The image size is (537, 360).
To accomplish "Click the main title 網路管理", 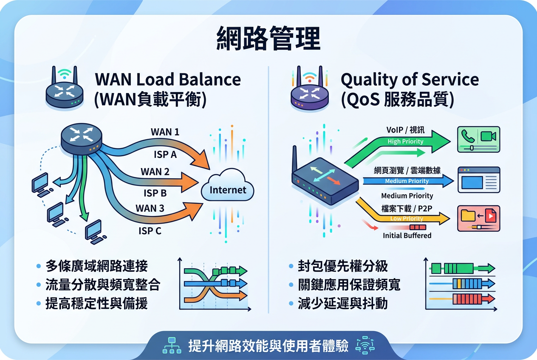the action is pos(268,38).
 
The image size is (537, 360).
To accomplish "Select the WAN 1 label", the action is pos(165,132).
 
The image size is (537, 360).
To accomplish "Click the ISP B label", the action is pos(155,193).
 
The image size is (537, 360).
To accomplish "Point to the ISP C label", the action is pos(150,231).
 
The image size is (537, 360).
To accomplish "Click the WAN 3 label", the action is pos(150,208).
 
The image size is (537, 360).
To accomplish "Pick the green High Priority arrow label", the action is pos(405,141).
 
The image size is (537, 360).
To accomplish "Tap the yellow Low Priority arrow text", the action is pos(407,219).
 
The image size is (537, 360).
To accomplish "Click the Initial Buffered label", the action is pos(407,236).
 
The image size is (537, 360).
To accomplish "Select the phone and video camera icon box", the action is pos(478,139).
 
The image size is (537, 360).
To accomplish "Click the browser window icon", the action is pos(479,180).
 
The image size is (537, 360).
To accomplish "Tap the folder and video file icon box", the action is pos(478,218).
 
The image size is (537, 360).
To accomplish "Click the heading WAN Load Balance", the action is pos(168,79).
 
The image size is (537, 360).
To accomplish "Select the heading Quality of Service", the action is pos(410,80).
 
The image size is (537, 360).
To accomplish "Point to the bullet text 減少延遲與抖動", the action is pos(342,303).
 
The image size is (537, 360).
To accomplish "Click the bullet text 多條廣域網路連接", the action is pos(96,266).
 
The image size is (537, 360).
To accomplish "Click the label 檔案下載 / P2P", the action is pos(407,208).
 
